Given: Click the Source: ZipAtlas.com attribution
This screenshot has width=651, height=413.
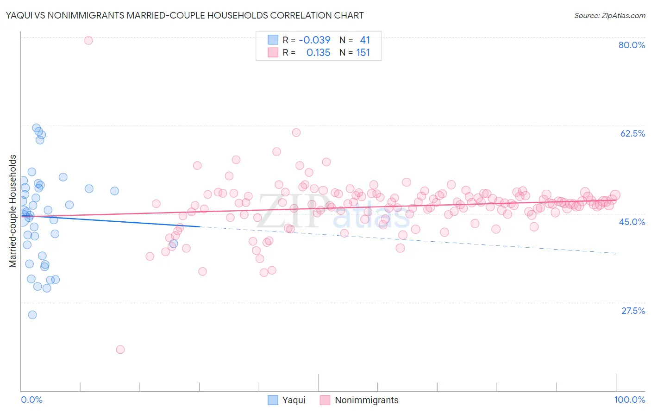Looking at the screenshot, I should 609,15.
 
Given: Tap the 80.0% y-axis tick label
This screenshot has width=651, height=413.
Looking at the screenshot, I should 632,45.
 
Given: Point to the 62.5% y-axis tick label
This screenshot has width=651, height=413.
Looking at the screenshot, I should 632,133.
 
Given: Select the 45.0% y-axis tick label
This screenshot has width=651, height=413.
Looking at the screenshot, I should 632,222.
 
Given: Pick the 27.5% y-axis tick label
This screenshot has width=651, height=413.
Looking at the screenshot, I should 633,311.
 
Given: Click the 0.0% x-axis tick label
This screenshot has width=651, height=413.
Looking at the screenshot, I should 31,400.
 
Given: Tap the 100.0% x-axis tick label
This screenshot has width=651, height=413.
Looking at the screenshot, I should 629,400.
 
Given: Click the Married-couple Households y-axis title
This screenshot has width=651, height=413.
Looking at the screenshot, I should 13,211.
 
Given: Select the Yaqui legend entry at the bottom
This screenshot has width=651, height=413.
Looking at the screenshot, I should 287,400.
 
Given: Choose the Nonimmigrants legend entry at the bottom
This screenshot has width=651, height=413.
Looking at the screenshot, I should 359,400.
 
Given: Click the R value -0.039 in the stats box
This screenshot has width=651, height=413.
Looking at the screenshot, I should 315,40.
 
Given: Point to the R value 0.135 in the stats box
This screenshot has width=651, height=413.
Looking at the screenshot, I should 319,52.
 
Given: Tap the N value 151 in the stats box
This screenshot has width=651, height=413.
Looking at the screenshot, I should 363,52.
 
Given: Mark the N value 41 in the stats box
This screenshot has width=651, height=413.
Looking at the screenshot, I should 365,40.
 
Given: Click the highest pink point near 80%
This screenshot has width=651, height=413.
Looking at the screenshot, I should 88,40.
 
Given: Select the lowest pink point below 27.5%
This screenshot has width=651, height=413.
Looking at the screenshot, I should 120,350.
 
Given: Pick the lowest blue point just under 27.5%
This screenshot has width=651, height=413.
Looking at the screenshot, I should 32,315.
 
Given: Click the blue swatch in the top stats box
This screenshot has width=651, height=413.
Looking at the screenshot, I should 273,40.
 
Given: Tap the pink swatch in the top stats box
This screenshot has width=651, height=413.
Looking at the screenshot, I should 273,52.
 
